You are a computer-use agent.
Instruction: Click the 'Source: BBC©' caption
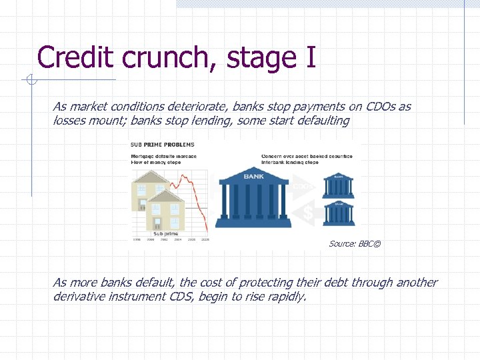pos(355,244)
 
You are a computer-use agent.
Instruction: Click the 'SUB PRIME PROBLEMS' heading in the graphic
pos(163,145)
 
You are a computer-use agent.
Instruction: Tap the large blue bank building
pos(253,197)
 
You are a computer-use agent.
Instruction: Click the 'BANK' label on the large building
pos(253,177)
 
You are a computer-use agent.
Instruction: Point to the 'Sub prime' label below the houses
pos(167,234)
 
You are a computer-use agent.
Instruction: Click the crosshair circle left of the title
pos(31,81)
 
